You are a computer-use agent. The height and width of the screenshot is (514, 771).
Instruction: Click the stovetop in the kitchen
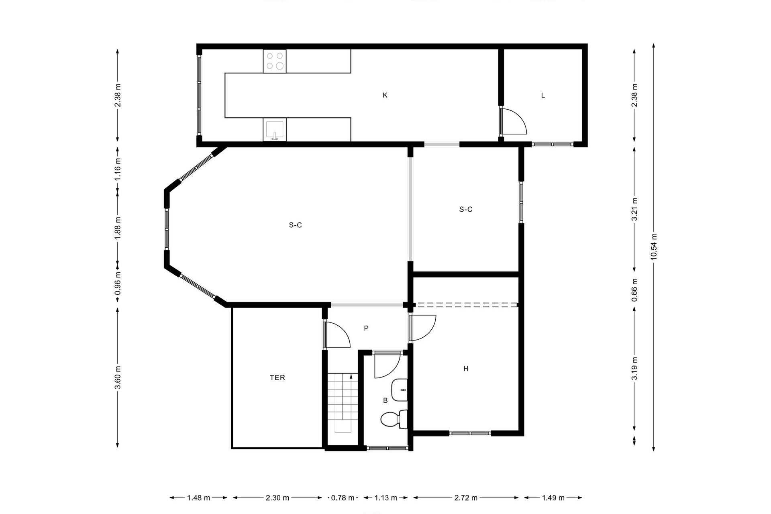tap(275, 61)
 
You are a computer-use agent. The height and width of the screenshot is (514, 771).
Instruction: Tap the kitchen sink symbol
tap(275, 130)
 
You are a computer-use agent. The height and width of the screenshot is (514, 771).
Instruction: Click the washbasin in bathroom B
tap(400, 390)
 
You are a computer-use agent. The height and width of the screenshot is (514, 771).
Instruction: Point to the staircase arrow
tap(351, 377)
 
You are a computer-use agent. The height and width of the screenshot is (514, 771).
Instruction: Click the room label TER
tap(277, 377)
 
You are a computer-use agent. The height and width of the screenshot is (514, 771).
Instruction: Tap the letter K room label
tap(385, 95)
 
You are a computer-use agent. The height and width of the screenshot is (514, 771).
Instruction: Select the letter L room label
tap(543, 96)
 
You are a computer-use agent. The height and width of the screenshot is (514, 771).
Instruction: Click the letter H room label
tap(465, 369)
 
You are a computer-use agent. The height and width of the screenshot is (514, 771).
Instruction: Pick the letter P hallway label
tap(366, 328)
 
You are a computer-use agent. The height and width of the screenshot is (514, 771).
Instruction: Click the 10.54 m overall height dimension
tap(653, 247)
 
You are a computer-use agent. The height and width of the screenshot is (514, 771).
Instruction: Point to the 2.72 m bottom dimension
tap(466, 498)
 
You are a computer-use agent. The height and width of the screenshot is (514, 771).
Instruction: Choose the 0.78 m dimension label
tap(343, 498)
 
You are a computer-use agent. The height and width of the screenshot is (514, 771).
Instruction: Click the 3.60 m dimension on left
tap(118, 377)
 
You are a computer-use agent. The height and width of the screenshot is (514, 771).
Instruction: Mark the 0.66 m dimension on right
tap(634, 290)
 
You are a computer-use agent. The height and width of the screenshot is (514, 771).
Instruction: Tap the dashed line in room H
tap(466, 305)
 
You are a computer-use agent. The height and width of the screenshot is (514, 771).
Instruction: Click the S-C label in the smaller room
tap(465, 209)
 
